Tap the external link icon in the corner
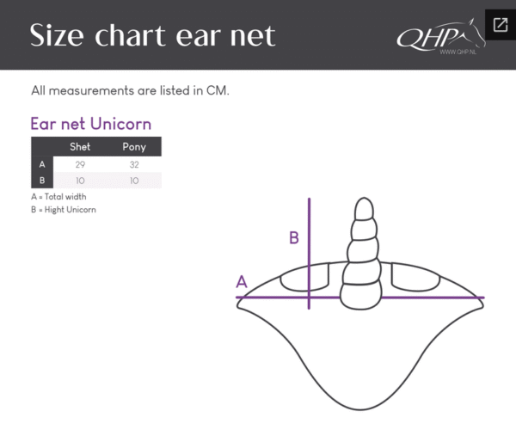(499, 23)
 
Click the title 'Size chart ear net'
(153, 36)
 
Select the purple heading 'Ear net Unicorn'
(91, 124)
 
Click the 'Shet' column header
(80, 147)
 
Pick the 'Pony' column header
(134, 147)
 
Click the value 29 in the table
(80, 164)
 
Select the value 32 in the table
(134, 164)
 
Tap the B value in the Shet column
(80, 181)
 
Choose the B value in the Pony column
(134, 181)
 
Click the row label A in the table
(42, 164)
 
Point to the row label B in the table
(42, 181)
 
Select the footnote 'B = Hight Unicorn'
(63, 210)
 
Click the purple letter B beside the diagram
(294, 237)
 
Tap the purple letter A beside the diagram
(242, 281)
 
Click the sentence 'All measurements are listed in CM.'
(130, 90)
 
